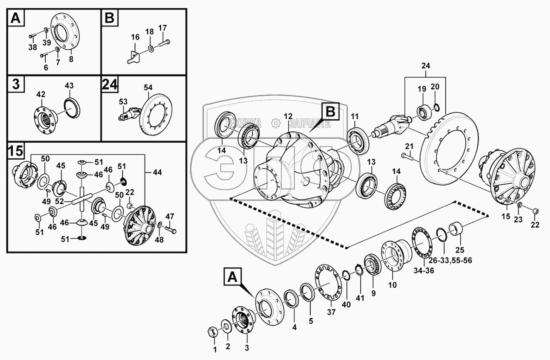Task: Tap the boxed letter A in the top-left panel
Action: click(15, 18)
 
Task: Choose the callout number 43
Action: click(69, 86)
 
